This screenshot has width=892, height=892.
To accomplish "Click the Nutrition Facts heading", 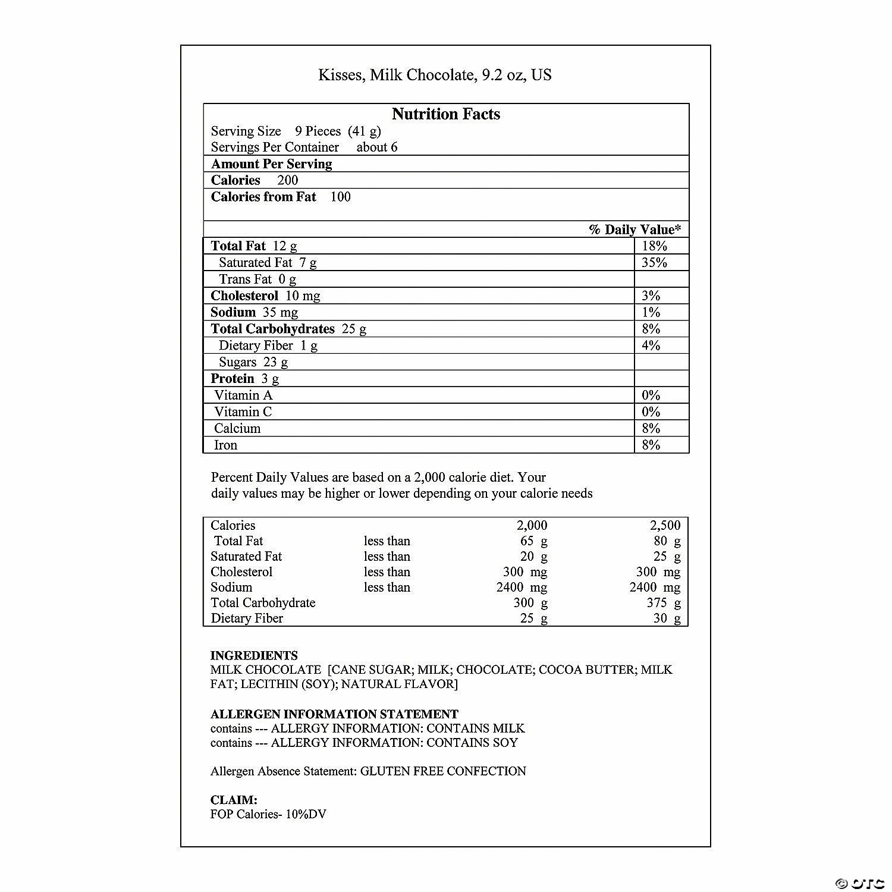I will coord(446,114).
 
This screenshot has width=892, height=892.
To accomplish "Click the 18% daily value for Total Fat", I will coord(654,246).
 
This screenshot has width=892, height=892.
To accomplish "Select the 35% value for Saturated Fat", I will coord(654,263).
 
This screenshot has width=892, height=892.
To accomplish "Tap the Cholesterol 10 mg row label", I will coord(265,296).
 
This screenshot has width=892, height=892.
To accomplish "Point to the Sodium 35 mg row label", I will coord(255,313).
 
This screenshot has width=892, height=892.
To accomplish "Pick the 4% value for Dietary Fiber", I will coord(651,346).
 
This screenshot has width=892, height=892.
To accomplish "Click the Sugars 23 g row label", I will coord(253,362).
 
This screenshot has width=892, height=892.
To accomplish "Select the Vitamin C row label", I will coord(243,412).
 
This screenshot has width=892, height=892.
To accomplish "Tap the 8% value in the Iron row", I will coord(651,445).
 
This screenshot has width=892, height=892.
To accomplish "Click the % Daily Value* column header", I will coord(635,230).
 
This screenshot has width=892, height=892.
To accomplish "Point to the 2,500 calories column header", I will coord(665,526).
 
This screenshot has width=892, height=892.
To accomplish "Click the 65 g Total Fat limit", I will coord(533,541).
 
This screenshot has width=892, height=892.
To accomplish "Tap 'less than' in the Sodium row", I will coord(387,588).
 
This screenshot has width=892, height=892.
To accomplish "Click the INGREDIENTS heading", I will coord(254,655).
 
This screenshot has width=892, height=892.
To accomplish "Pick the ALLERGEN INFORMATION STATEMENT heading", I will coord(334,714).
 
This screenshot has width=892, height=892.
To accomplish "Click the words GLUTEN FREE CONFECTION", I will coord(443,771).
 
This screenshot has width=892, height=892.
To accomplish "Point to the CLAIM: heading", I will coord(234,800).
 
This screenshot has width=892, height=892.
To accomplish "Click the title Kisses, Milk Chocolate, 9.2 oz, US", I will coord(435,75).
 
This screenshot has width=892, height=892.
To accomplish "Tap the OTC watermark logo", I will coord(860,882).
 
